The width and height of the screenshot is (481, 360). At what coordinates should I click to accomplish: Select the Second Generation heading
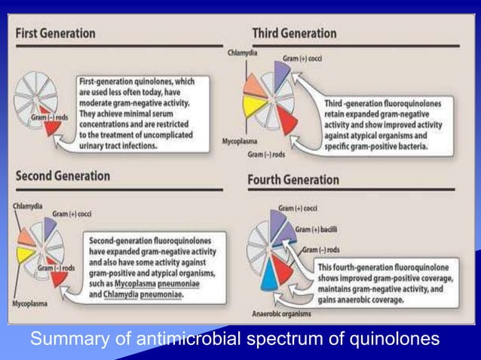[63, 176]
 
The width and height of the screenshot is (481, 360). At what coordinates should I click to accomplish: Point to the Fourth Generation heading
[293, 181]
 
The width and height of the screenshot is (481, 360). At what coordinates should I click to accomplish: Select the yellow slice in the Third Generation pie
[253, 106]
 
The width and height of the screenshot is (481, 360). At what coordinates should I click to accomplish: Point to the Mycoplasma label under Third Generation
[242, 141]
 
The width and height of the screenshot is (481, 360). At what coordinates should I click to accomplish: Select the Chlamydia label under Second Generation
[27, 206]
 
